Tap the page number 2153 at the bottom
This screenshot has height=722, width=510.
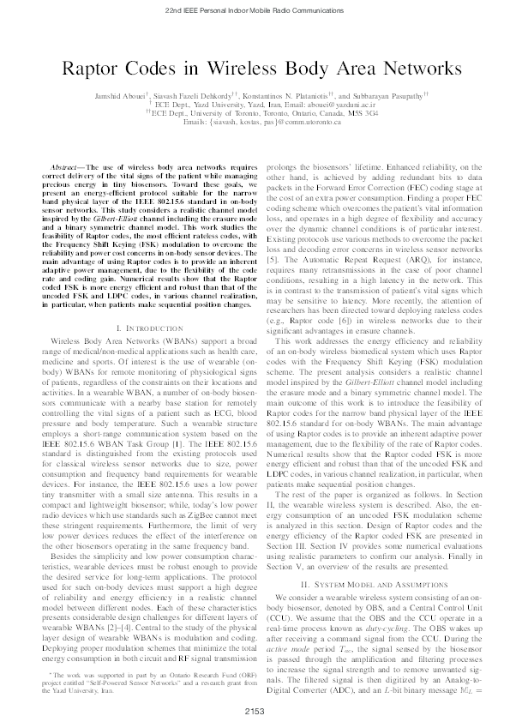pyautogui.click(x=255, y=709)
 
